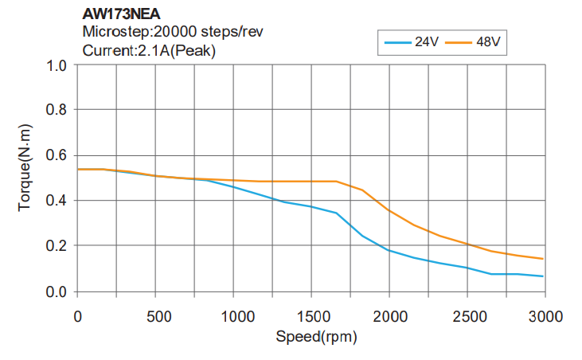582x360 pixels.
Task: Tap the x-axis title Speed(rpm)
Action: click(x=316, y=336)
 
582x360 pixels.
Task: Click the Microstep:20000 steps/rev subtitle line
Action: click(x=173, y=32)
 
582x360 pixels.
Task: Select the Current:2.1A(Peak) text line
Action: click(x=150, y=50)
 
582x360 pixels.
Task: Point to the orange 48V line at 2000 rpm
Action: click(x=389, y=211)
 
